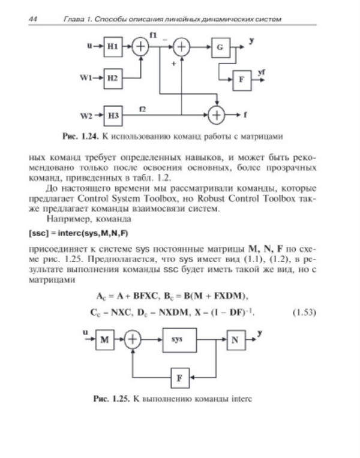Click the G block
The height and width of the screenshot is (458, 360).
(x=220, y=47)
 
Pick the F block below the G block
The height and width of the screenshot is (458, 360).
(x=242, y=79)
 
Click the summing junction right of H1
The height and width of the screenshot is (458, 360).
(x=140, y=47)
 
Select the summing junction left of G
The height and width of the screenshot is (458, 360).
(x=182, y=47)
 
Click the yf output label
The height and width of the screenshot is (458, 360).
(x=261, y=73)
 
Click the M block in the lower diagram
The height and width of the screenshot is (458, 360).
(x=105, y=340)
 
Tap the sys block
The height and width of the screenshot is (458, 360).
(x=177, y=340)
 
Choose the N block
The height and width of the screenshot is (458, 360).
(x=235, y=340)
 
